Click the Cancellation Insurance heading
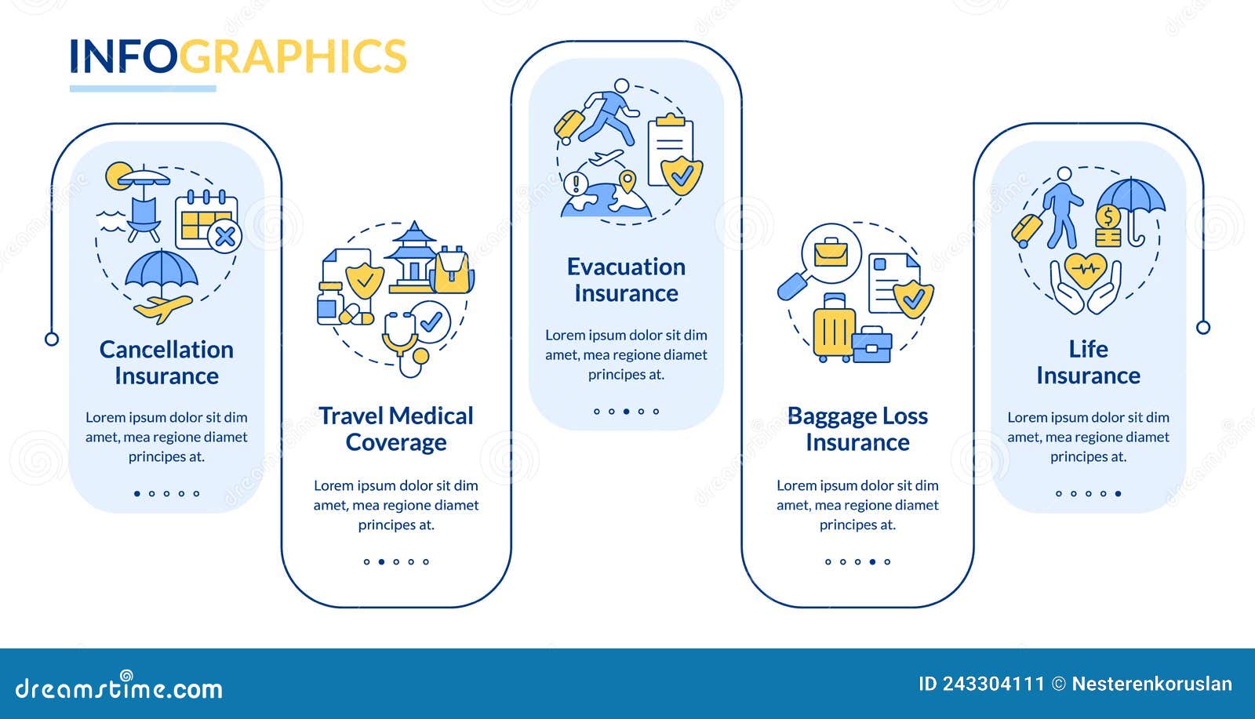pyautogui.click(x=166, y=362)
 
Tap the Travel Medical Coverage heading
pyautogui.click(x=396, y=429)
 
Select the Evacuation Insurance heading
pyautogui.click(x=626, y=280)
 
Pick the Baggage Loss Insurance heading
pyautogui.click(x=857, y=429)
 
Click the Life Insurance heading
pyautogui.click(x=1088, y=362)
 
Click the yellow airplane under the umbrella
pyautogui.click(x=163, y=307)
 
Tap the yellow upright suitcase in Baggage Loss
pyautogui.click(x=833, y=328)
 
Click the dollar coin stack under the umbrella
pyautogui.click(x=1108, y=227)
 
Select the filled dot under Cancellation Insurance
pyautogui.click(x=137, y=494)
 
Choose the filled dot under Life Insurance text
pyautogui.click(x=1118, y=494)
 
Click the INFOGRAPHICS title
pyautogui.click(x=238, y=56)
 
